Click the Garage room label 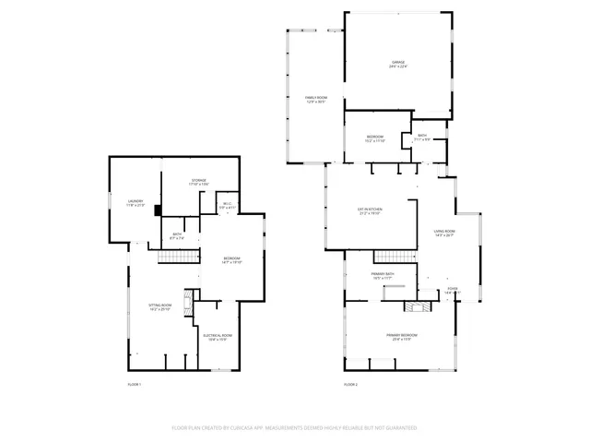click(397, 64)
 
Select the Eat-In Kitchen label click(370, 211)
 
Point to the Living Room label click(445, 233)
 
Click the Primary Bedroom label click(401, 337)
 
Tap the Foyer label click(452, 291)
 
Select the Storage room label click(198, 182)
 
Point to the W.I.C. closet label click(226, 207)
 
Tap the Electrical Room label click(218, 338)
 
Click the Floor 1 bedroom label click(230, 259)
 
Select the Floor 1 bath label click(177, 236)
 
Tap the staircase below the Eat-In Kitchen click(390, 256)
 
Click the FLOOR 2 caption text click(350, 384)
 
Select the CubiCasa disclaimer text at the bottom click(294, 428)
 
